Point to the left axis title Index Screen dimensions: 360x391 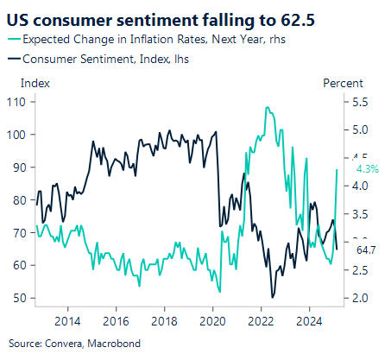point(35,84)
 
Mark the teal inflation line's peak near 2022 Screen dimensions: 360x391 point(268,108)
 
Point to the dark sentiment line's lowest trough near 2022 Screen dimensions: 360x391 point(272,297)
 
